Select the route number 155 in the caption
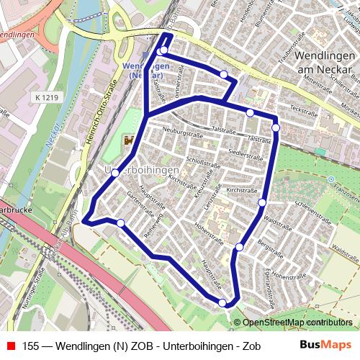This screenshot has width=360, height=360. pos(31,346)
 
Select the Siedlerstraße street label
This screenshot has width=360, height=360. pos(241,153)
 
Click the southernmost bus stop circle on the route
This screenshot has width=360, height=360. pos(223,303)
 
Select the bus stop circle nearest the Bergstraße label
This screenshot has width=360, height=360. pos(239,248)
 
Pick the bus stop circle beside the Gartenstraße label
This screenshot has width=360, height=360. pos(120,223)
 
